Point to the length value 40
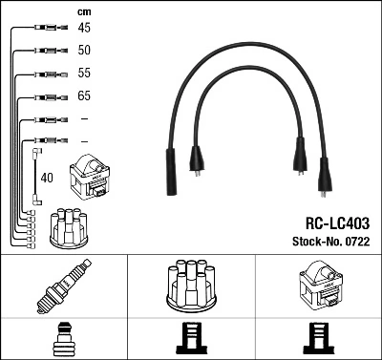pos(48,177)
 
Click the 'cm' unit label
pos(84,11)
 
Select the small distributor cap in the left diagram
pos(71,225)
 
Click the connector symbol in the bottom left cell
pos(63,340)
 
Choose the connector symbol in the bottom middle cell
pos(190,340)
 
